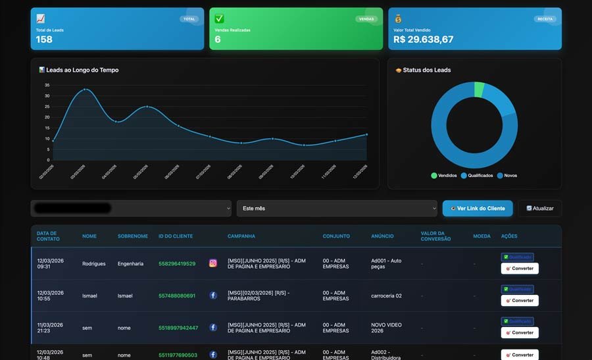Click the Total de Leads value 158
(44, 39)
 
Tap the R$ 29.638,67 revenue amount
(423, 39)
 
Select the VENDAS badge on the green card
(366, 19)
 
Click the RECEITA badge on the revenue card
(545, 19)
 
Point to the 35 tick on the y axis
(47, 85)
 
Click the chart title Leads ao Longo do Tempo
(82, 70)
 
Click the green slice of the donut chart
(479, 89)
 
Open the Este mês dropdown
(337, 209)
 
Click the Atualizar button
(539, 209)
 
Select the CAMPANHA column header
(241, 236)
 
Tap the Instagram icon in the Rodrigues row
(213, 263)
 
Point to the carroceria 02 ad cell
(386, 296)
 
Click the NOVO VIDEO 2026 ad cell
(386, 328)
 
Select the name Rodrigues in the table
(93, 263)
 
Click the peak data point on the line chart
(84, 89)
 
